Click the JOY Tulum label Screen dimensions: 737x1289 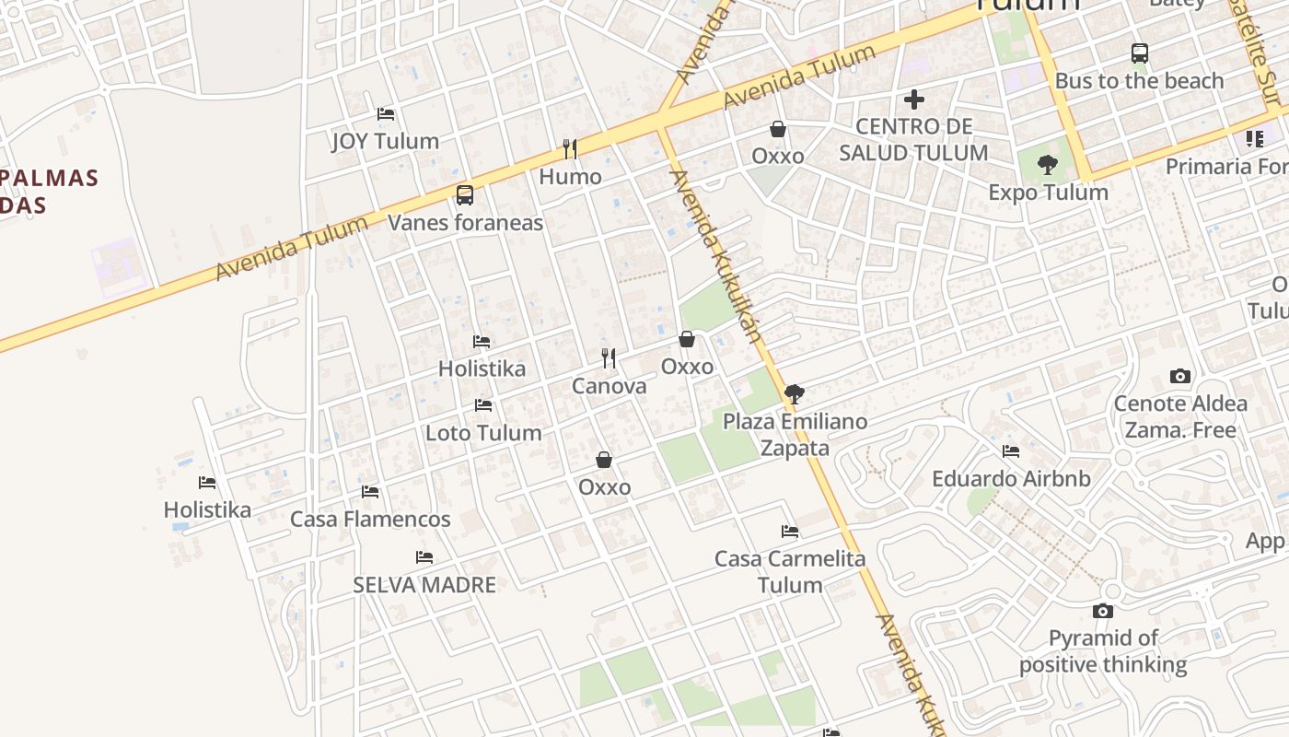coord(385,141)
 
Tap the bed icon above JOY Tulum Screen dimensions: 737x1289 coord(386,114)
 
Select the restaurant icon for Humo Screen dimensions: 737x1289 coord(570,148)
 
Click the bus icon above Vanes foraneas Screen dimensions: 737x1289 coord(465,195)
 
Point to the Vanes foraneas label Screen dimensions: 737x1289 coord(465,223)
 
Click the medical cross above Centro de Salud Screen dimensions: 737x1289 coord(914,99)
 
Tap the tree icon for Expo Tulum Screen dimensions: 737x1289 coord(1047,166)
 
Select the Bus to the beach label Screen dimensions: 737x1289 coord(1139,81)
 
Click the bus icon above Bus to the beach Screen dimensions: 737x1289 coord(1140,53)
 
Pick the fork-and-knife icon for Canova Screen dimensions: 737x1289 coord(609,358)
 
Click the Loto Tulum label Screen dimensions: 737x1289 coord(483,433)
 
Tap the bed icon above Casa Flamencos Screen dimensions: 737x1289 coord(370,492)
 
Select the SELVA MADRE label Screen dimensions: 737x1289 coord(424,585)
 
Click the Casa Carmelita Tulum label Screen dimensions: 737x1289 coord(790,572)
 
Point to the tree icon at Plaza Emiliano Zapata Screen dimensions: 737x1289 coord(795,394)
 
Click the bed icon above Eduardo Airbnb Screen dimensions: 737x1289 coord(1011,451)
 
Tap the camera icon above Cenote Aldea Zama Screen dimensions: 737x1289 coord(1180,376)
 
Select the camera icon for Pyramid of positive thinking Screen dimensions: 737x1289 coord(1103,611)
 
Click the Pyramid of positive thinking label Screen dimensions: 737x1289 coord(1103,651)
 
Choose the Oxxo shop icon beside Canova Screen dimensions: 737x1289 coord(687,339)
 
